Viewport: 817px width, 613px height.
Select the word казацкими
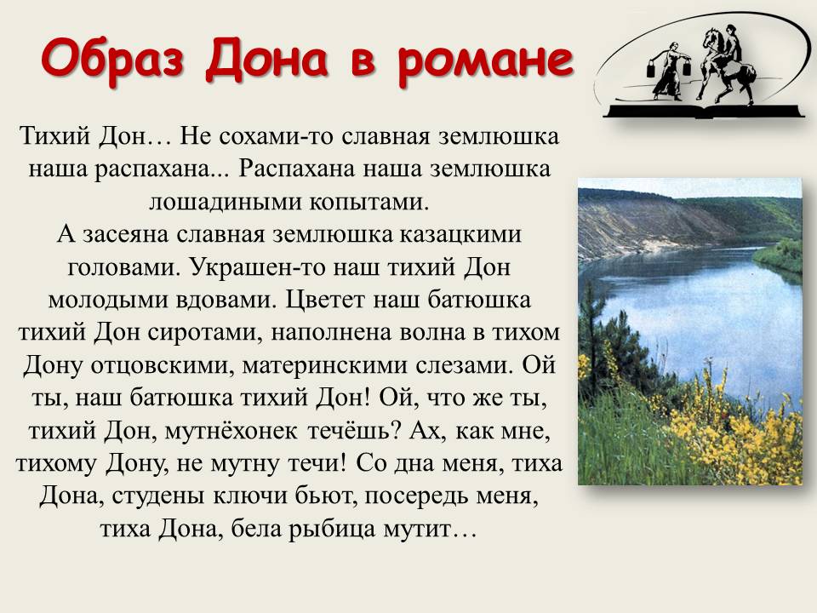(x=460, y=234)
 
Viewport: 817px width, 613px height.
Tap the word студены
(x=158, y=496)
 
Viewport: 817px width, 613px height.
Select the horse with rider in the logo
(x=725, y=63)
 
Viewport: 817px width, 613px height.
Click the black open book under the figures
(x=704, y=111)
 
